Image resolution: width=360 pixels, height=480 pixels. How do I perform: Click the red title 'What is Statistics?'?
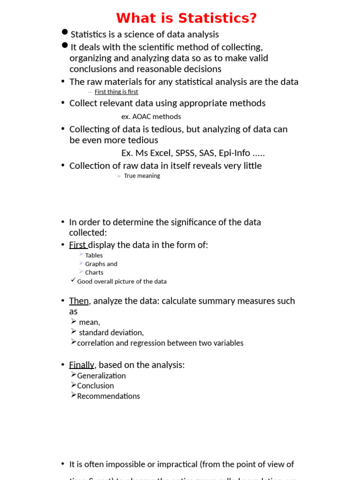coord(187,18)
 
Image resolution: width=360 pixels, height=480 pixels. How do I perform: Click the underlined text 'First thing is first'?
coord(116,92)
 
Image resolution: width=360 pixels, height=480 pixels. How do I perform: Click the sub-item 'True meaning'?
coord(142,176)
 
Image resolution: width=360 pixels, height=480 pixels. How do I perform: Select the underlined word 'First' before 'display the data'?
coord(77,245)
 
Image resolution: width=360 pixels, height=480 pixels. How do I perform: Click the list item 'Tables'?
coord(94,255)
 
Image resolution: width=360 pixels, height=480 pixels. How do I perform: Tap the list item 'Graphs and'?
coord(101,264)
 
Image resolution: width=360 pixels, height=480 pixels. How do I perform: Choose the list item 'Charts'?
coord(94,272)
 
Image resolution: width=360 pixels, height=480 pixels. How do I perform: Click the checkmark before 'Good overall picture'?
coord(73,280)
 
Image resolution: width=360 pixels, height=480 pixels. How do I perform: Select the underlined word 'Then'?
coord(79,301)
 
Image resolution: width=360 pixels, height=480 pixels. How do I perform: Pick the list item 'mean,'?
coord(90,322)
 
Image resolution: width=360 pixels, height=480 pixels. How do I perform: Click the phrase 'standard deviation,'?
coord(111,332)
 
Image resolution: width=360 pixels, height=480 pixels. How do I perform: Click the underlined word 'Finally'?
coord(81,365)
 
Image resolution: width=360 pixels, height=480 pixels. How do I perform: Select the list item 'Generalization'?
coord(101,376)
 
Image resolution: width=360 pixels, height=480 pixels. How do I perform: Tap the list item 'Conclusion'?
coord(95,386)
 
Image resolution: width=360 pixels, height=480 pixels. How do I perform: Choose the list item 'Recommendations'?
coord(108,396)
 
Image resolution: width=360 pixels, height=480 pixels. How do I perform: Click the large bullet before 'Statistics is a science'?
coord(65,32)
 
